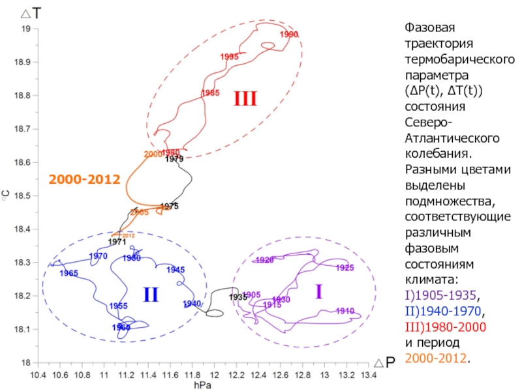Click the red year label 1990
point(289,34)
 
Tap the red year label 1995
point(230,57)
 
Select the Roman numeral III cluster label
point(245,99)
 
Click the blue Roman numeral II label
point(151,295)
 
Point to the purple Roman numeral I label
point(318,292)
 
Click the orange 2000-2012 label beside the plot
point(84,179)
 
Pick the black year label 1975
point(170,206)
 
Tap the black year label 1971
point(117,242)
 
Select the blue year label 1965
point(69,273)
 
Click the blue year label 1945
point(176,270)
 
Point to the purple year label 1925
point(345,268)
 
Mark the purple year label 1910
point(345,311)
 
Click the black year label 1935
point(238,297)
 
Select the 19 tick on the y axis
point(27,29)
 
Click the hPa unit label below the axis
point(202,386)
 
